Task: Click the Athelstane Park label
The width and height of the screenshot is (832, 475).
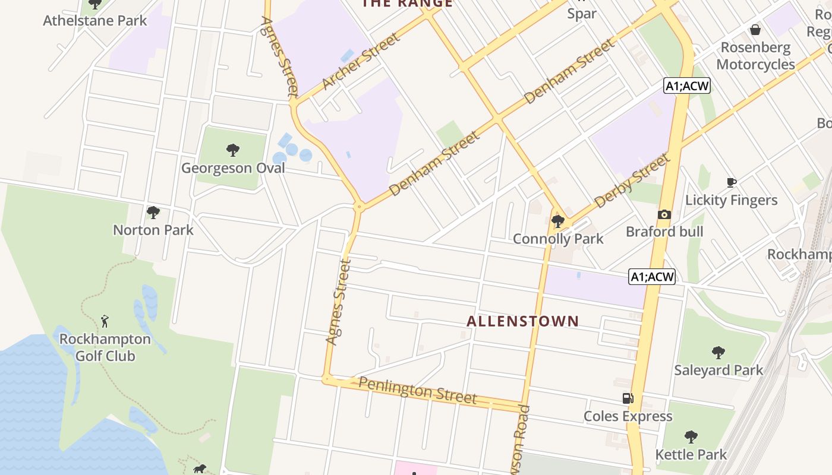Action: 95,21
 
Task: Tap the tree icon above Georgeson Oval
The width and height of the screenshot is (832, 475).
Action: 233,150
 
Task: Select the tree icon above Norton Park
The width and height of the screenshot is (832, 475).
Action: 153,212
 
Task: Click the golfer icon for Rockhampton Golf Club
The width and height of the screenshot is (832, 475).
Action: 105,321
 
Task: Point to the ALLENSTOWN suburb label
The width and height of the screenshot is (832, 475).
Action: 522,321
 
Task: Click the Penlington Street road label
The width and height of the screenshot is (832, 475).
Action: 418,390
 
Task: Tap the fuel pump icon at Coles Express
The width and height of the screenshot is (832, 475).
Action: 628,398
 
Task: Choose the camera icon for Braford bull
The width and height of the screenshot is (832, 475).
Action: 664,214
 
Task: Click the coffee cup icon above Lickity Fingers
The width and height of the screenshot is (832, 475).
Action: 731,182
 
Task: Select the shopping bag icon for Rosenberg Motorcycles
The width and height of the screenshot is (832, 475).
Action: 755,29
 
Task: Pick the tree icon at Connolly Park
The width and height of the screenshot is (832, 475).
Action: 557,221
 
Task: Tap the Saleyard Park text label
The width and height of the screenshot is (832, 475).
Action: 718,370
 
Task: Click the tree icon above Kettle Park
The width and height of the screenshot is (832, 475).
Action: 691,438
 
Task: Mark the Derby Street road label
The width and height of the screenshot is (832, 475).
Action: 631,180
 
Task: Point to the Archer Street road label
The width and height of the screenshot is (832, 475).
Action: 361,62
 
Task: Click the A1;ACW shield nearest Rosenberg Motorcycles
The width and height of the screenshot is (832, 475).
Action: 687,86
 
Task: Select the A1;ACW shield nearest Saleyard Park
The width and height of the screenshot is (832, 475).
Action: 652,277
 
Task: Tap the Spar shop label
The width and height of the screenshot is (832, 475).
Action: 582,14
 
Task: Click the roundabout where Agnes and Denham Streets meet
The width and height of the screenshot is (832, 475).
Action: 359,207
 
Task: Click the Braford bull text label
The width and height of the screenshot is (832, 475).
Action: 664,232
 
